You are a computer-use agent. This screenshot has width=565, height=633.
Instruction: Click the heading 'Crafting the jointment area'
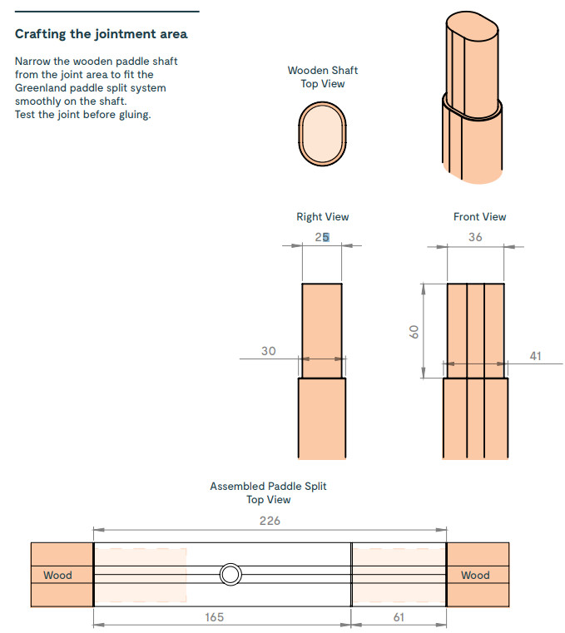click(101, 34)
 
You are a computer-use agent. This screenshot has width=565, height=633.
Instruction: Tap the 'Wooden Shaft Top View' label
click(323, 77)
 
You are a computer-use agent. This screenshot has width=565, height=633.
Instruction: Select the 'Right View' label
click(323, 217)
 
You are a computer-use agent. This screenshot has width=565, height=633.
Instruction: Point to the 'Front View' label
click(479, 217)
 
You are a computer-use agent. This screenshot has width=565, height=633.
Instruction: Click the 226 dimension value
click(270, 522)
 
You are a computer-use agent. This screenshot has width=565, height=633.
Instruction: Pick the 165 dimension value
click(214, 617)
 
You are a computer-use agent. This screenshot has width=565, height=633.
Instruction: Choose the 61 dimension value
click(398, 617)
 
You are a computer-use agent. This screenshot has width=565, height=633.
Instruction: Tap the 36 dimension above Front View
click(475, 237)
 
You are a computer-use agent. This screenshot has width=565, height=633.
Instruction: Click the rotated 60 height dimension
click(414, 331)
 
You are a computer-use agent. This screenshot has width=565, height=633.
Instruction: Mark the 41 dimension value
click(535, 356)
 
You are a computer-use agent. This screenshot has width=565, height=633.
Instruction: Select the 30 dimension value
click(268, 351)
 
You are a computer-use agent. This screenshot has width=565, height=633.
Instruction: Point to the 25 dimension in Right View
click(322, 237)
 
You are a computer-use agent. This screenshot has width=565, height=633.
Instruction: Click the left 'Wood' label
click(57, 575)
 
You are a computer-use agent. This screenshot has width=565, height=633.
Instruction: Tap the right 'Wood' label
click(475, 575)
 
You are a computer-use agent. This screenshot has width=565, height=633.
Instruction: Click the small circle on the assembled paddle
click(230, 574)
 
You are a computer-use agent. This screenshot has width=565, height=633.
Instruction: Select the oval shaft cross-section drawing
click(323, 134)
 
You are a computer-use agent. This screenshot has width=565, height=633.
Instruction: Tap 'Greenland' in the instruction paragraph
click(42, 88)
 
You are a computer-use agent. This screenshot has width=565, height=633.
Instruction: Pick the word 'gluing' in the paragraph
click(132, 115)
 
